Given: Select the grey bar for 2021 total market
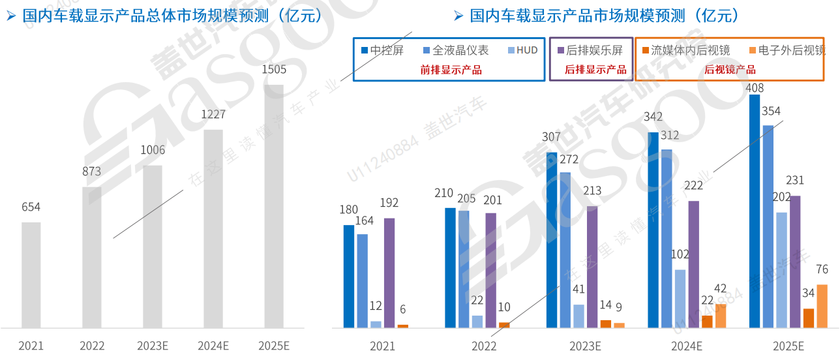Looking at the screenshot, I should [31, 275].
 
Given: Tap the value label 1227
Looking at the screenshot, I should [213, 115].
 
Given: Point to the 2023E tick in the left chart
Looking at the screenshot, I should [153, 346].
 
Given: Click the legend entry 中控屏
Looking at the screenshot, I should [382, 50].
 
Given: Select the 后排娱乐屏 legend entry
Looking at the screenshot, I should [589, 50].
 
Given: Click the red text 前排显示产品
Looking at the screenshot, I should [451, 70].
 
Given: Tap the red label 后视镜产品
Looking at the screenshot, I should [730, 70].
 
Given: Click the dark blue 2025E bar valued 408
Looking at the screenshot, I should [755, 211].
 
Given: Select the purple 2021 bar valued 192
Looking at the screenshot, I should [389, 272].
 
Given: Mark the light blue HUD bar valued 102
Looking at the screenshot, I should [680, 298].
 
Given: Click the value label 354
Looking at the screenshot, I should [770, 112].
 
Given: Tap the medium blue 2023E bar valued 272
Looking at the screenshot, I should [565, 249].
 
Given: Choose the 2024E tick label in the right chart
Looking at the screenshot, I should [686, 346].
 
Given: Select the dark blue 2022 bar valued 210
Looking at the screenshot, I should [450, 267].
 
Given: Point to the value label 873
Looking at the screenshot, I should [91, 172].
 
